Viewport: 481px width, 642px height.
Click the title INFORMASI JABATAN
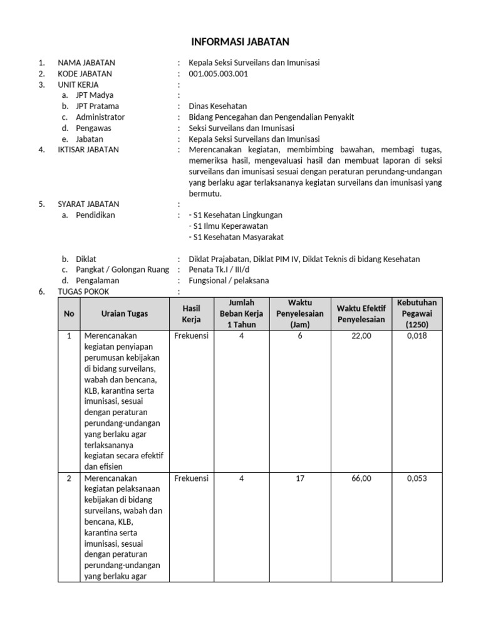click(x=240, y=42)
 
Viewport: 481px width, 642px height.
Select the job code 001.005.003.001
click(x=218, y=73)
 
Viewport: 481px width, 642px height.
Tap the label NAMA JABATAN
click(x=86, y=63)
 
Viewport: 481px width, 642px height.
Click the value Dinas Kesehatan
click(x=217, y=106)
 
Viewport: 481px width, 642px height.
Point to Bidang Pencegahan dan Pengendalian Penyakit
click(x=271, y=117)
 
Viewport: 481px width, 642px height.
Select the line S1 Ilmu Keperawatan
click(x=229, y=226)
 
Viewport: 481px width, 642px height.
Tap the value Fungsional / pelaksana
click(x=229, y=280)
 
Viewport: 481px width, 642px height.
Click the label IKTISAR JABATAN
click(x=88, y=150)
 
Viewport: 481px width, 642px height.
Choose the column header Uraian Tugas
click(x=125, y=313)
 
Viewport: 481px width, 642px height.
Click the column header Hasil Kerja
click(x=191, y=313)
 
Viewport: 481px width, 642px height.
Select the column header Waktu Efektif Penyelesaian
click(x=361, y=313)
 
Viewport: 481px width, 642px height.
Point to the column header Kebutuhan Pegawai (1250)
click(x=416, y=313)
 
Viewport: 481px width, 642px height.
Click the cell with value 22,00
click(x=361, y=336)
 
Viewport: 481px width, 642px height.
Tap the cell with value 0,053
click(x=416, y=478)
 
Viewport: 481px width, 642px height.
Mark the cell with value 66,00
click(x=361, y=478)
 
